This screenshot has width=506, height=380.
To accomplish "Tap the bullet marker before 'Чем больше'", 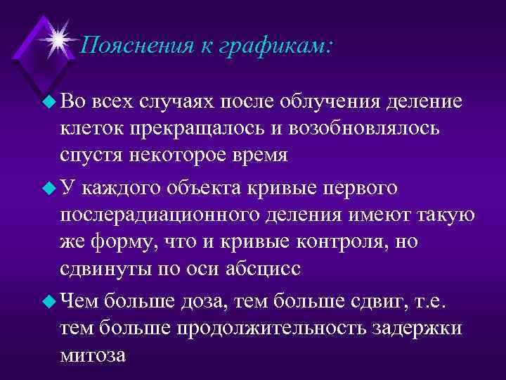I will [x=48, y=302].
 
